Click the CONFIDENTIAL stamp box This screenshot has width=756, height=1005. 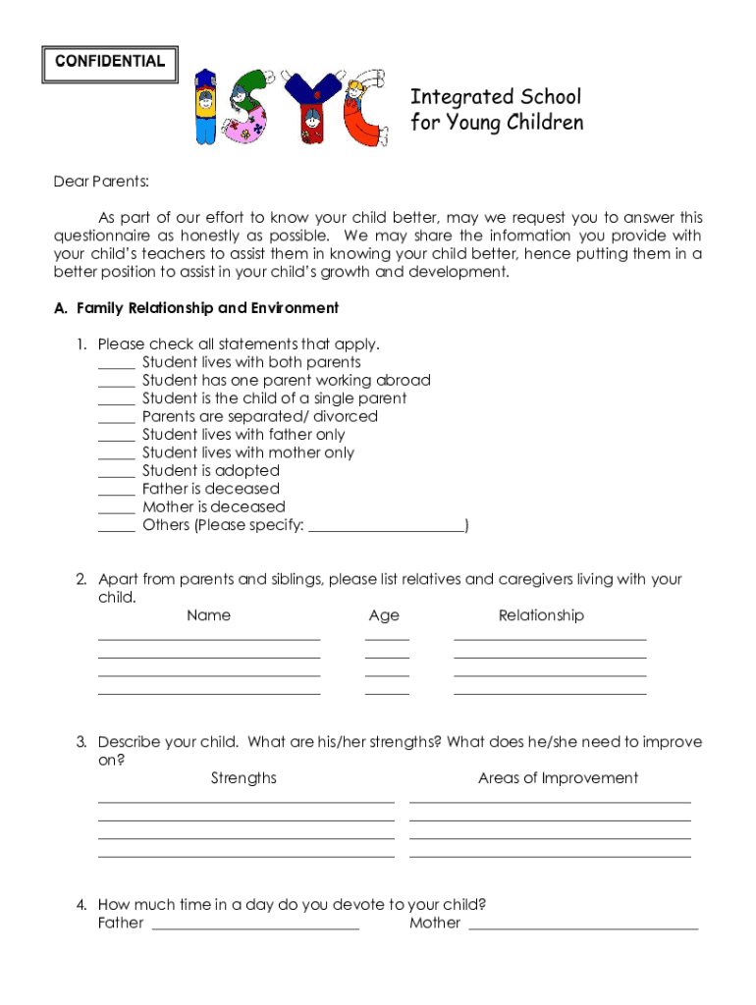click(110, 63)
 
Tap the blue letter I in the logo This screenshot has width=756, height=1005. click(205, 107)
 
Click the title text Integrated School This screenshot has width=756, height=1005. click(495, 97)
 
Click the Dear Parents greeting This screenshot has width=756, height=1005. click(101, 182)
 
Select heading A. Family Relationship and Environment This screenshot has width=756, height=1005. click(195, 308)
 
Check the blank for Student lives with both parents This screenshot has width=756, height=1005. click(117, 363)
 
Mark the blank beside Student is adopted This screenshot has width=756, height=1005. click(117, 471)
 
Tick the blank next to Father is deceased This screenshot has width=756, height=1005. click(117, 489)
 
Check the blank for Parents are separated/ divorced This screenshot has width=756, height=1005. click(117, 417)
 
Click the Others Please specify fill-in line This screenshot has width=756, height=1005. click(386, 526)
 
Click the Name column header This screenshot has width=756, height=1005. click(208, 615)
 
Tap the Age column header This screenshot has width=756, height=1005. click(384, 615)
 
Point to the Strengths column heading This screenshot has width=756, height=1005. click(243, 778)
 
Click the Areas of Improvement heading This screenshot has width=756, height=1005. click(558, 778)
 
